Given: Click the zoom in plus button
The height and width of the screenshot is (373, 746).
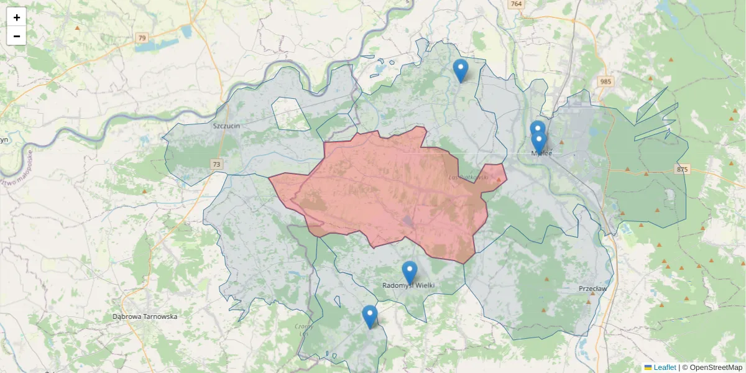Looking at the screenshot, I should click(x=17, y=17).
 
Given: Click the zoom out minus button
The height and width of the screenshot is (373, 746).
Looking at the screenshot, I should click(x=17, y=36).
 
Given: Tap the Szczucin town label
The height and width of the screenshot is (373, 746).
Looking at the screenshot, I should click(x=226, y=125).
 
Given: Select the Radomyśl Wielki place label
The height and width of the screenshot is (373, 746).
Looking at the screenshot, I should click(x=408, y=285).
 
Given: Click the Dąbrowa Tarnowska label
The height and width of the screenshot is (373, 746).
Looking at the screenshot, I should click(x=145, y=316).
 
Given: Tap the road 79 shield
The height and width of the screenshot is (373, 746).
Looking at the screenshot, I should click(x=142, y=38).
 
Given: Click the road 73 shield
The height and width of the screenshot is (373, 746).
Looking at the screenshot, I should click(x=216, y=165).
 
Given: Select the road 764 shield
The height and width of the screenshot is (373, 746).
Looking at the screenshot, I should click(x=515, y=4).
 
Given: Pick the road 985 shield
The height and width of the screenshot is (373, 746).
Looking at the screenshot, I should click(x=605, y=81).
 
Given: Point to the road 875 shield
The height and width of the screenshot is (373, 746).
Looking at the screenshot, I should click(x=683, y=170).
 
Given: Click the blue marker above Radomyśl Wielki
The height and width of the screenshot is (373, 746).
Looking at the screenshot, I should click(x=409, y=272).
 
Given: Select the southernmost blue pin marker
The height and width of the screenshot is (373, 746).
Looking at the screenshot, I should click(x=370, y=316).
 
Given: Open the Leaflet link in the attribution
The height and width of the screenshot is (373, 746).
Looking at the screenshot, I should click(x=665, y=367).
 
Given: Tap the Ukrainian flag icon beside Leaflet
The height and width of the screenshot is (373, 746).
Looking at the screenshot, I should click(x=648, y=367).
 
